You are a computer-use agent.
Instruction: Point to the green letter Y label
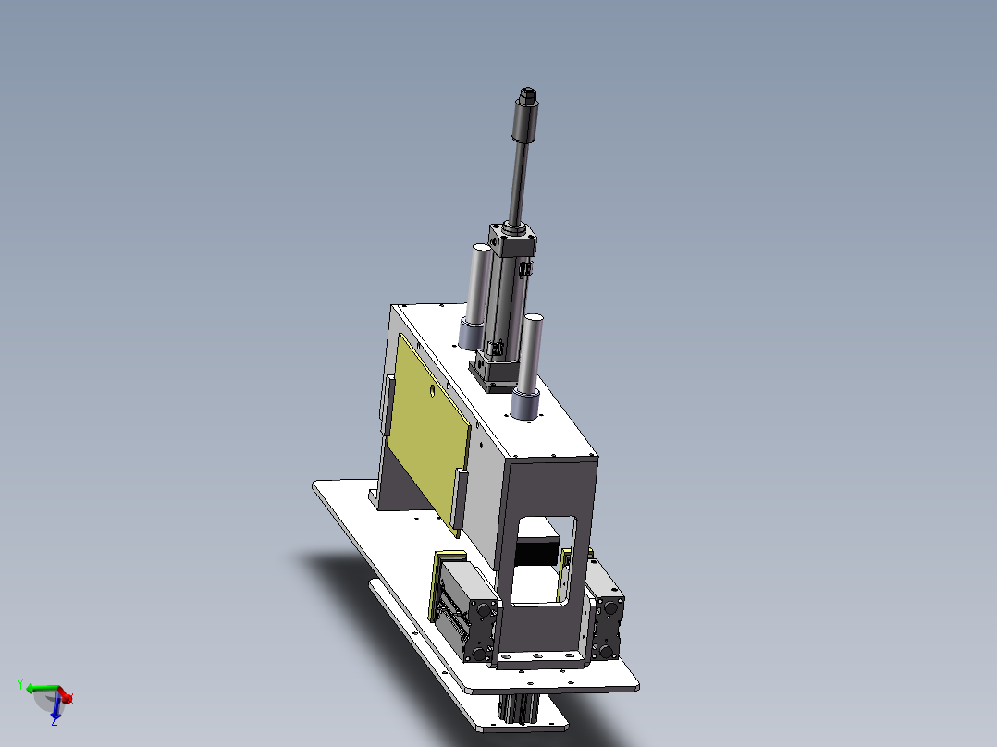20,683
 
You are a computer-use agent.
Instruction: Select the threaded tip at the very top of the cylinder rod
528,94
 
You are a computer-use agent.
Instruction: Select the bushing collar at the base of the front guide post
525,404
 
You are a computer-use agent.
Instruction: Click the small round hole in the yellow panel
431,391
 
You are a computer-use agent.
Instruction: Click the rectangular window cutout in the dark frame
541,564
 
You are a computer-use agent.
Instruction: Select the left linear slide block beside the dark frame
462,606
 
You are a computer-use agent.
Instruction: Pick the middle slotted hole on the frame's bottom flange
537,657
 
